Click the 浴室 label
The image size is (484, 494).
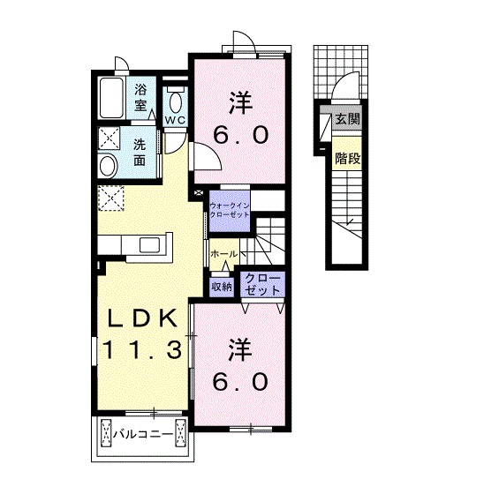coord(141,96)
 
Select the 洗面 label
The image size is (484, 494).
coord(141,153)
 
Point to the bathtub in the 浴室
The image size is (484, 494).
coord(111,100)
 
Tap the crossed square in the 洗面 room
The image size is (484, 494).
coord(110,138)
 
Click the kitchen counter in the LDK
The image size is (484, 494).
coord(141,242)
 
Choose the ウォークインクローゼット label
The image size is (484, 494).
coord(231,212)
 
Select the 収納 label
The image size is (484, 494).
coord(220,285)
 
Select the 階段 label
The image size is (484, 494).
coord(344,158)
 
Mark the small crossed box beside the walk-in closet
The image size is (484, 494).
coord(198,191)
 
